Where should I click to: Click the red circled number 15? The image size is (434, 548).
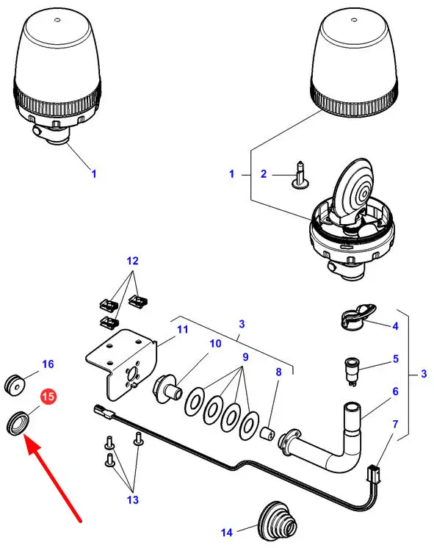click(48, 397)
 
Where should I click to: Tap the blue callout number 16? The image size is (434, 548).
click(48, 364)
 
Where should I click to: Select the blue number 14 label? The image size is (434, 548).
click(227, 533)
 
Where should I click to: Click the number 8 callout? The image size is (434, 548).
click(278, 372)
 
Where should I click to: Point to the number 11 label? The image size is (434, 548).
click(182, 329)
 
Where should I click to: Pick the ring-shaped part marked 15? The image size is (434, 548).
click(18, 424)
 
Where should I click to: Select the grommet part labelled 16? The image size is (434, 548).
click(15, 384)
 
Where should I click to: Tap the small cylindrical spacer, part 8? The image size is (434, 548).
click(268, 434)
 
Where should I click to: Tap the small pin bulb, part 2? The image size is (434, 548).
click(300, 175)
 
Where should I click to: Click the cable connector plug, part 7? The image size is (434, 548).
click(374, 474)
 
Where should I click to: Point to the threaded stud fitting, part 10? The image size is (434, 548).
click(167, 388)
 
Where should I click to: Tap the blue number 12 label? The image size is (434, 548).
click(132, 261)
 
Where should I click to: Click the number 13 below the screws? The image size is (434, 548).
click(132, 500)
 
